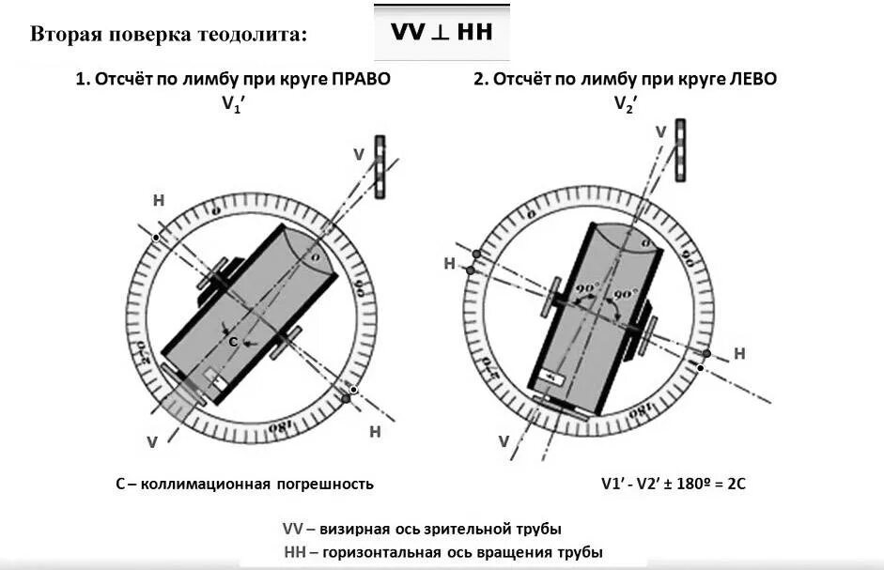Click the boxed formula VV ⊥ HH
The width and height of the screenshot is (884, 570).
click(442, 31)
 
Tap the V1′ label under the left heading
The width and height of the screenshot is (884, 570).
click(232, 104)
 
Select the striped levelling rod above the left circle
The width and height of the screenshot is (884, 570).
click(380, 166)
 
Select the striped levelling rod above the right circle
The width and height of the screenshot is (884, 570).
click(680, 150)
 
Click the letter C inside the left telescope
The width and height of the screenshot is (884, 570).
click(233, 342)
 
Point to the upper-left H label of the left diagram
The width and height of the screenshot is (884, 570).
click(158, 200)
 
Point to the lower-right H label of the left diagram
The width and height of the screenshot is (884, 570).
click(375, 432)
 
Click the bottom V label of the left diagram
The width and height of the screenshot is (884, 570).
click(152, 441)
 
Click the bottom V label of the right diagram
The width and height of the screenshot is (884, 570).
click(504, 441)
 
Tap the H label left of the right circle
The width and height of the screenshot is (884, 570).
click(449, 264)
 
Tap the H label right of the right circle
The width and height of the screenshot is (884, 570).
click(739, 353)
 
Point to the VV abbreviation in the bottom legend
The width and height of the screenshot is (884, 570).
click(293, 529)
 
